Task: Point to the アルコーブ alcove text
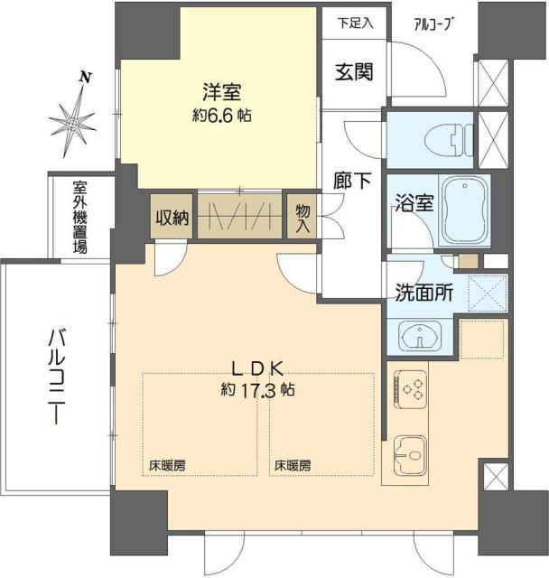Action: (x=432, y=24)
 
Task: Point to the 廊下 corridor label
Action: (x=353, y=181)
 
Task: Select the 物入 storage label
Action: (x=302, y=218)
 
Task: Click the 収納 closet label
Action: (x=171, y=217)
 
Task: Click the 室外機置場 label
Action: (x=81, y=218)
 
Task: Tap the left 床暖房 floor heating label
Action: (x=168, y=466)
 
